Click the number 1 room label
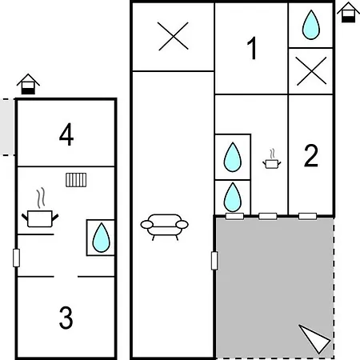pyautogui.click(x=252, y=48)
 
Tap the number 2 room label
pyautogui.click(x=311, y=155)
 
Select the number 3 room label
pyautogui.click(x=66, y=318)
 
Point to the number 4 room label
pyautogui.click(x=66, y=134)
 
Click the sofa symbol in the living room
pyautogui.click(x=164, y=227)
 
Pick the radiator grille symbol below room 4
pyautogui.click(x=76, y=180)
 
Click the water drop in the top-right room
pyautogui.click(x=311, y=25)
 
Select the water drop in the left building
pyautogui.click(x=101, y=238)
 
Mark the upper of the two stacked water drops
pyautogui.click(x=233, y=157)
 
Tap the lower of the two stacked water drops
pyautogui.click(x=233, y=198)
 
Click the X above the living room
pyautogui.click(x=173, y=36)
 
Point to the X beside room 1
pyautogui.click(x=311, y=71)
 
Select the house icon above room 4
pyautogui.click(x=28, y=84)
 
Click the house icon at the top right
pyautogui.click(x=348, y=12)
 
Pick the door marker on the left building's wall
pyautogui.click(x=16, y=258)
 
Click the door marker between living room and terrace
pyautogui.click(x=214, y=261)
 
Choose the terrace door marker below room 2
pyautogui.click(x=307, y=216)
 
